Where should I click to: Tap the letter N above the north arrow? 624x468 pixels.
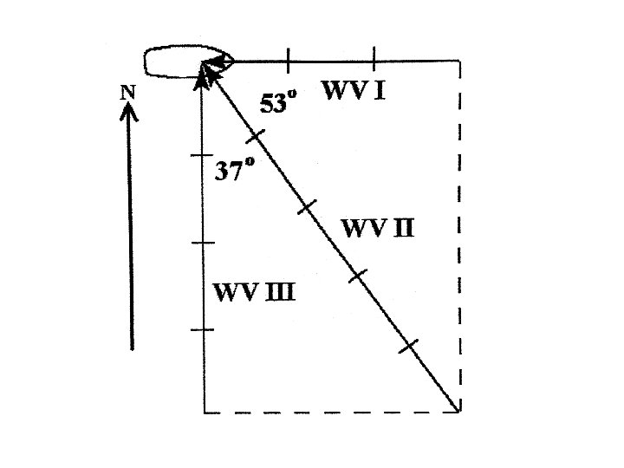coord(128,92)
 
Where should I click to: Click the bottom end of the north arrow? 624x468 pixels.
coord(132,348)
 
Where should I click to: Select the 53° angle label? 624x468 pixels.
coord(278,104)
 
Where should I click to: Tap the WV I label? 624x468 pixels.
coord(354,89)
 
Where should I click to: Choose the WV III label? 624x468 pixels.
coord(254,291)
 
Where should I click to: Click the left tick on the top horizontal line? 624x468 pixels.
coord(287,61)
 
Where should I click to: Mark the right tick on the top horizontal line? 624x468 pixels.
coord(374,61)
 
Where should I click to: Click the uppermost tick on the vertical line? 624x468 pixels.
coord(203,156)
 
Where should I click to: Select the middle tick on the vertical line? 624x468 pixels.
coord(203,244)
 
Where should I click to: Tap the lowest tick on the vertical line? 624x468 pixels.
coord(203,329)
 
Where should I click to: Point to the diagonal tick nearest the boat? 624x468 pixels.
coord(254,136)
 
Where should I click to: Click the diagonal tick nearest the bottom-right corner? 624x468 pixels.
coord(409,346)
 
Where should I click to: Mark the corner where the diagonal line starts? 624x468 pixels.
coord(458,411)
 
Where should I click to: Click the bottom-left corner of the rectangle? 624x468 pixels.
coord(205,412)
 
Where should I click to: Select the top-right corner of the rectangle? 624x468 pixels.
coord(458,62)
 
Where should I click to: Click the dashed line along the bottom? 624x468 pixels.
coord(329,413)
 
